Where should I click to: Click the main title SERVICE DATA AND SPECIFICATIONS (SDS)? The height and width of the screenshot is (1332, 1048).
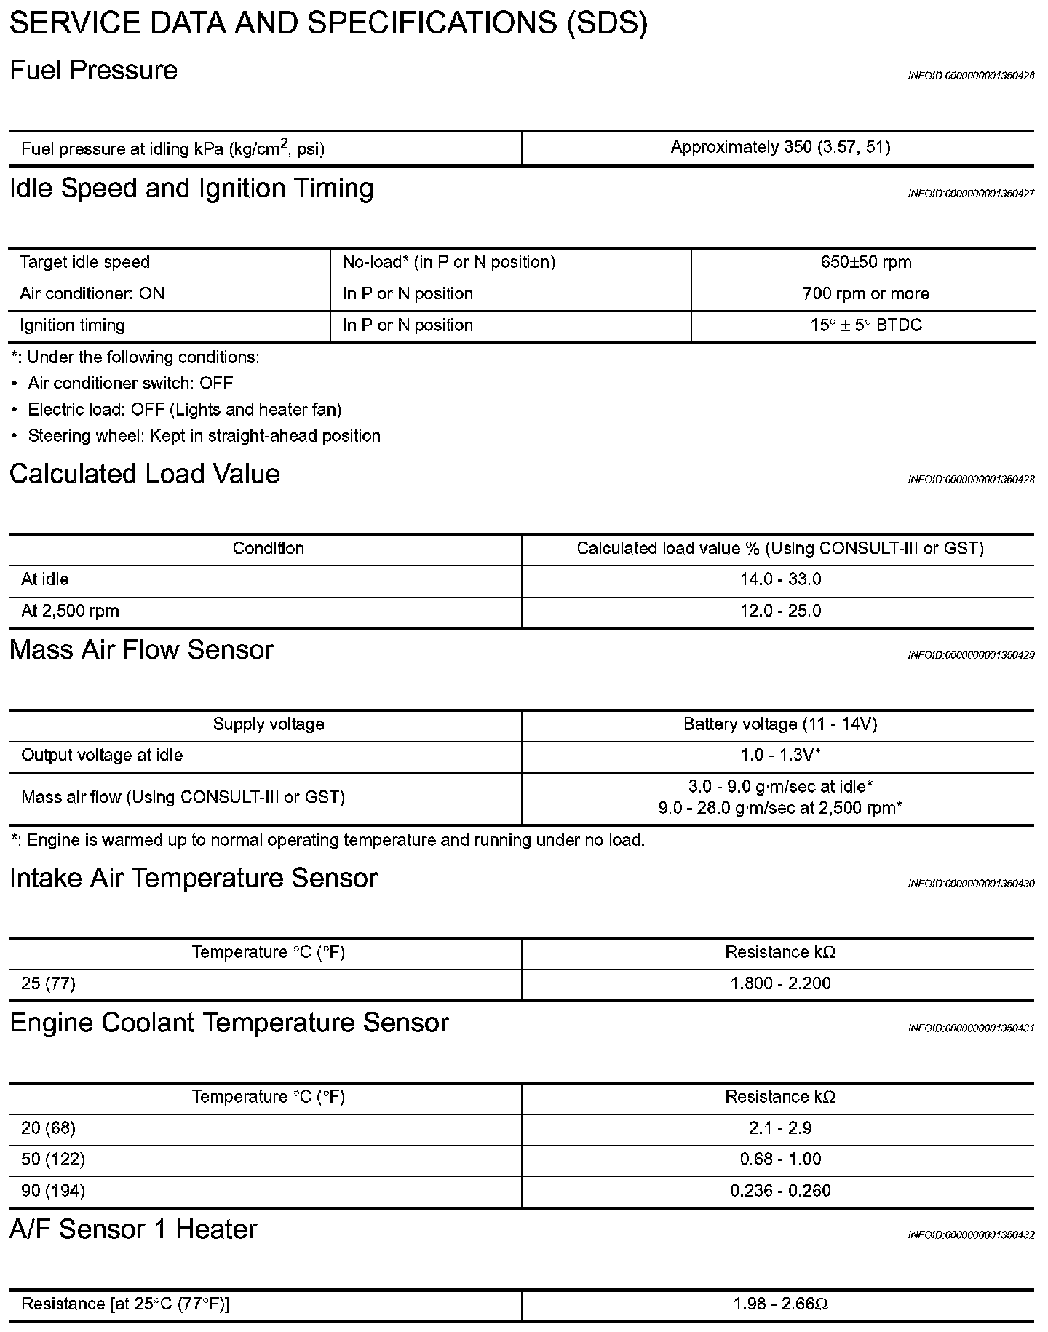coord(328,23)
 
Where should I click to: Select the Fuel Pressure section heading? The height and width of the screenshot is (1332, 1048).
coord(94,71)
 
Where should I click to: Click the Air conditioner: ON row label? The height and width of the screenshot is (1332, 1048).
coord(92,294)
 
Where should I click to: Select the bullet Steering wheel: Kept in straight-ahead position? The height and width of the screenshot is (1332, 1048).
coord(204,436)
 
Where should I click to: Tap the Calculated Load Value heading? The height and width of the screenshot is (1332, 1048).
coord(145,474)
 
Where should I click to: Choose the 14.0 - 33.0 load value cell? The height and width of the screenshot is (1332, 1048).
coord(780,580)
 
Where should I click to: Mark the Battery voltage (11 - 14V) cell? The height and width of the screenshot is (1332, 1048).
coord(780,724)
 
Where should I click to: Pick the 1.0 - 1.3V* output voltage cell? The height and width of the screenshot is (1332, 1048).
coord(780,756)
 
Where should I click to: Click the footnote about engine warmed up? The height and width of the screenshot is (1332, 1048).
coord(328,840)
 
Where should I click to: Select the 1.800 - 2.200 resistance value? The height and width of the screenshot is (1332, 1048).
coord(780,984)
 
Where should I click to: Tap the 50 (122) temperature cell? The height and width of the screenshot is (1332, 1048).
coord(53,1159)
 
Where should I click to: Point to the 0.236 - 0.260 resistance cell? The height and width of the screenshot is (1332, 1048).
coord(780,1191)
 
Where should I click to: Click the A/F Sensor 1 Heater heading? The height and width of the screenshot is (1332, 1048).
coord(133,1229)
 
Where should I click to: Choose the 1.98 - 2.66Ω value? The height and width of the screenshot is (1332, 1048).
coord(780,1304)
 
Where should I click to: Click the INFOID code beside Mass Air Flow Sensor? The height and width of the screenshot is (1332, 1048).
coord(971,656)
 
